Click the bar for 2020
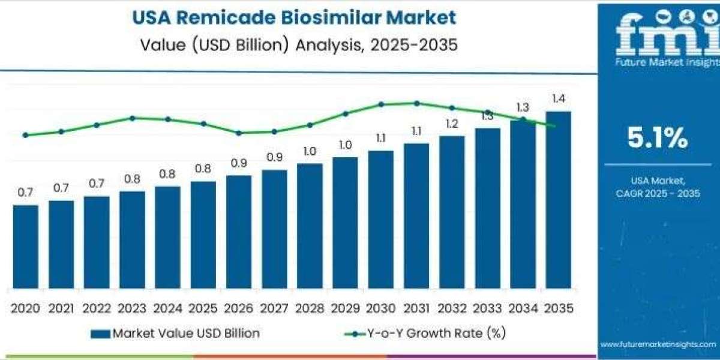click(25, 247)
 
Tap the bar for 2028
click(310, 226)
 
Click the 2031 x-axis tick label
click(416, 308)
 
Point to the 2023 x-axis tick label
click(132, 308)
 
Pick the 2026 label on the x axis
click(238, 308)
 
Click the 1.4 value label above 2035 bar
click(559, 99)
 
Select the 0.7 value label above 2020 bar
click(25, 193)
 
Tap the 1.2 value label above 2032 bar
click(452, 124)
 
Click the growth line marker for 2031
click(416, 103)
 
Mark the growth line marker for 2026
click(238, 133)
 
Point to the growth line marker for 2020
click(25, 135)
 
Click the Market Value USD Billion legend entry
click(175, 334)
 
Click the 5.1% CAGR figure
click(658, 139)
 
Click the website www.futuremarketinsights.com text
click(658, 344)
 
